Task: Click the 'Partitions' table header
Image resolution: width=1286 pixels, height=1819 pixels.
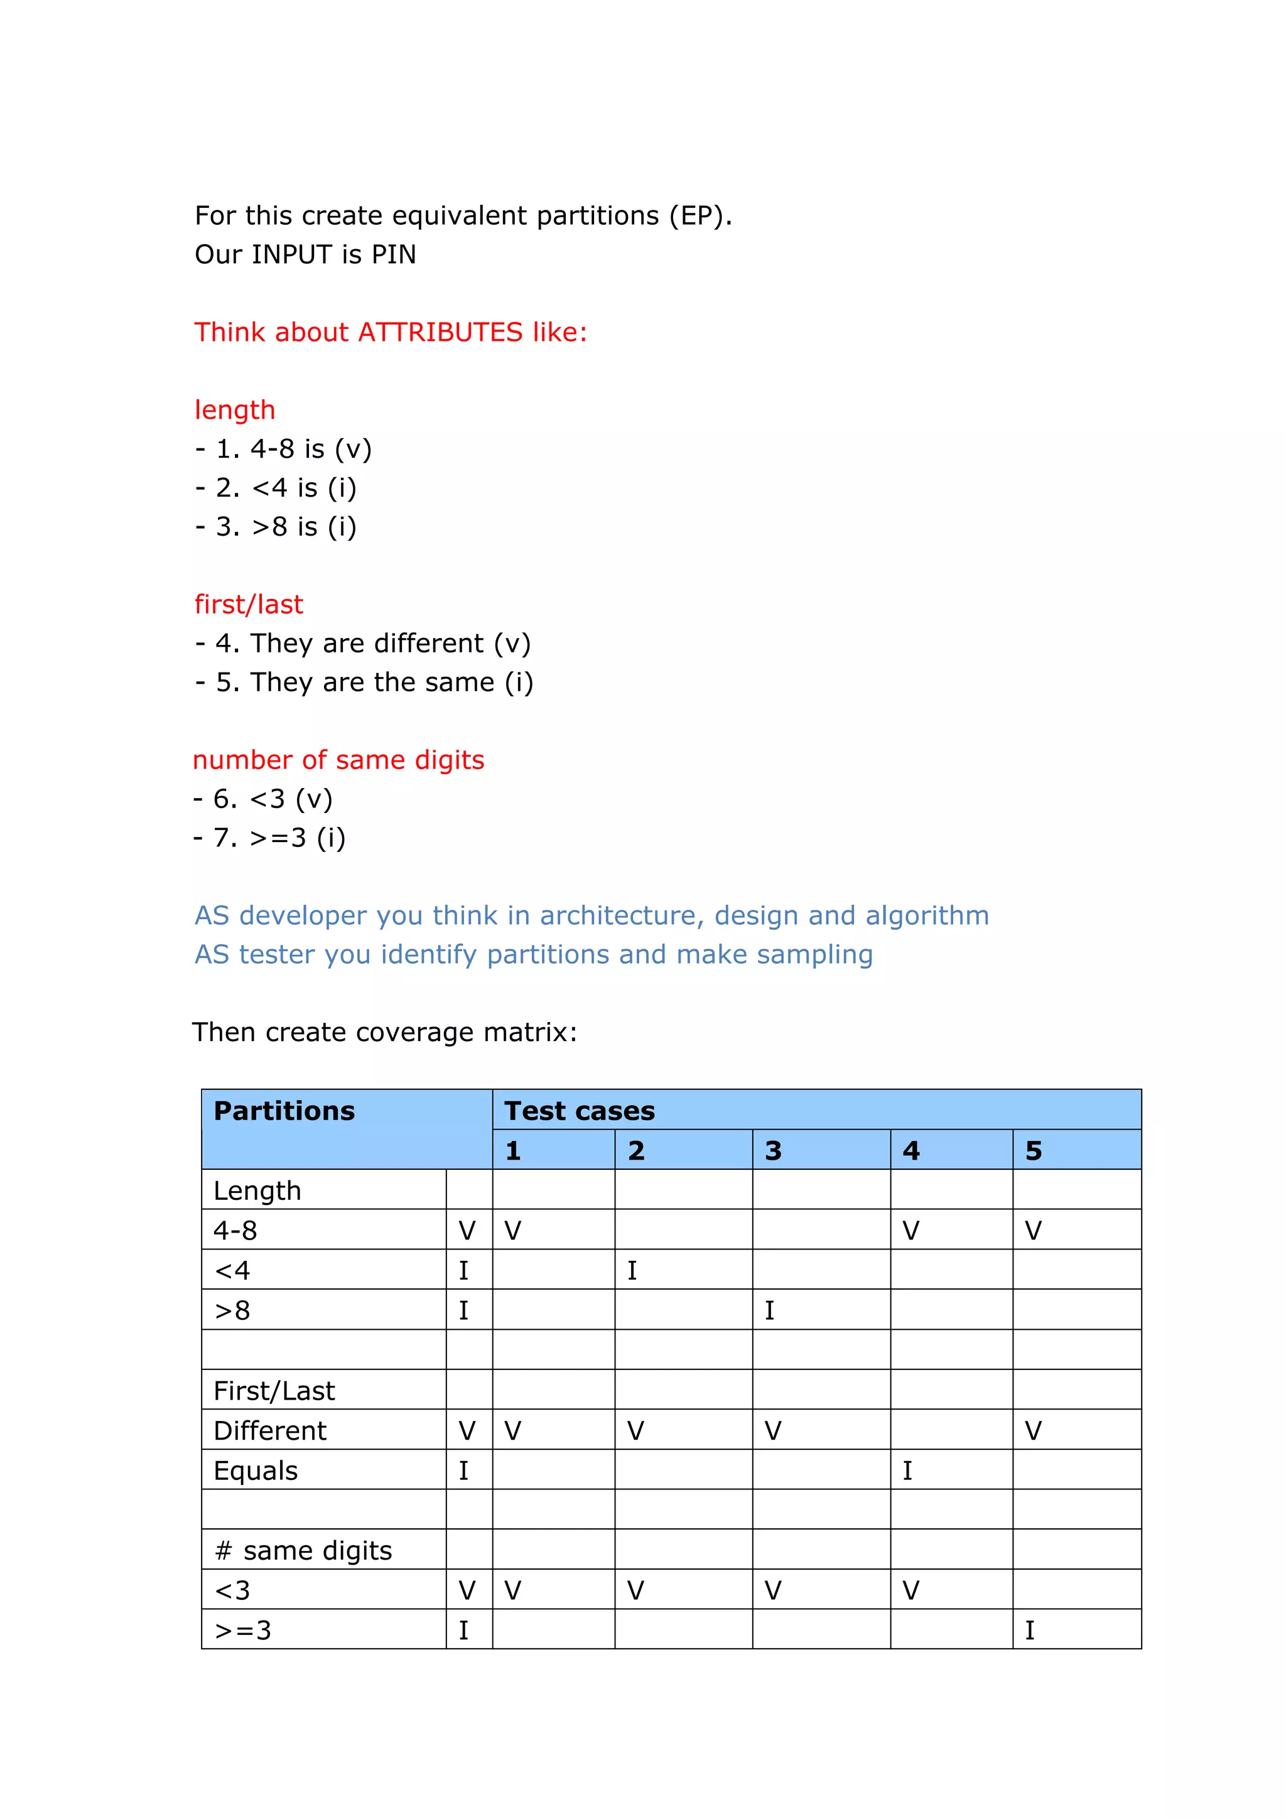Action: (284, 1111)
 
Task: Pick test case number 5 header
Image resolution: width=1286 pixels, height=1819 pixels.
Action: (1033, 1150)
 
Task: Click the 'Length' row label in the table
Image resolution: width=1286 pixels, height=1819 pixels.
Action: (257, 1190)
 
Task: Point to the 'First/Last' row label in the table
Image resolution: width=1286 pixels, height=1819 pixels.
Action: (274, 1390)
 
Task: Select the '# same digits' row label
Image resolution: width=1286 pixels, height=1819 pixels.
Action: (303, 1550)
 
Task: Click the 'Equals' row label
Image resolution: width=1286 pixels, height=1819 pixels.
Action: (255, 1471)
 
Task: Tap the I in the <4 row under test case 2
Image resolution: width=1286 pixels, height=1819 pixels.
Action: (632, 1271)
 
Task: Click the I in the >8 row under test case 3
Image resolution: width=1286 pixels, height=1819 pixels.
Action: (769, 1310)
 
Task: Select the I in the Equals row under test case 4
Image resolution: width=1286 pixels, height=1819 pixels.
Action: (907, 1471)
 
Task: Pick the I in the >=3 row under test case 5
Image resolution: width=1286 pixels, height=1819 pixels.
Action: (1029, 1631)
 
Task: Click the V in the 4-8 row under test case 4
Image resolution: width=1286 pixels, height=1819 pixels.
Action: (910, 1231)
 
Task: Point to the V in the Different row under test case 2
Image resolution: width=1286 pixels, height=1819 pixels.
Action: (635, 1431)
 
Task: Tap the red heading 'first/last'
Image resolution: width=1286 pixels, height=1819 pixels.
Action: (249, 605)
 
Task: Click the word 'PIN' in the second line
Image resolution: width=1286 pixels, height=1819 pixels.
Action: (393, 254)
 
